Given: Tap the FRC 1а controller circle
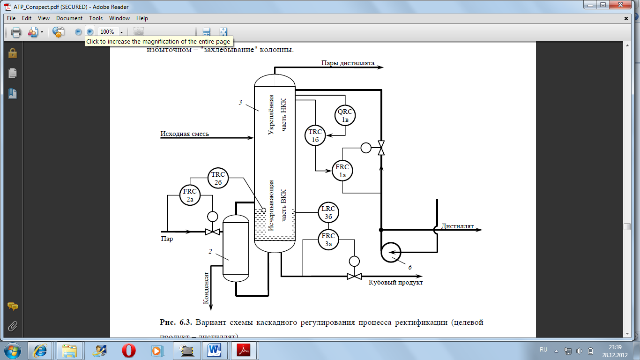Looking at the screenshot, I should coord(342,171).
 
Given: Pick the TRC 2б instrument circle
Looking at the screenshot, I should coord(218,178).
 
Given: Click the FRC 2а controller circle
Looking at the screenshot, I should coord(190,196).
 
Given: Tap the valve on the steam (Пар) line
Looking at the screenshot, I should coord(213,232).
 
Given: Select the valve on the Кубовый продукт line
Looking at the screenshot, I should coord(354,276).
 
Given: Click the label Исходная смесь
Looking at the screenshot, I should coord(185,134).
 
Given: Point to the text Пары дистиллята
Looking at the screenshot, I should coord(348,63).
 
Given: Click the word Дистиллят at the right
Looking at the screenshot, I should coord(457,226).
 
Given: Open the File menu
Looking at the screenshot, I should coord(11,18).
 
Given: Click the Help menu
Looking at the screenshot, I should coord(142,18).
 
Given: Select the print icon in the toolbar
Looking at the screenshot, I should coord(16,32).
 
